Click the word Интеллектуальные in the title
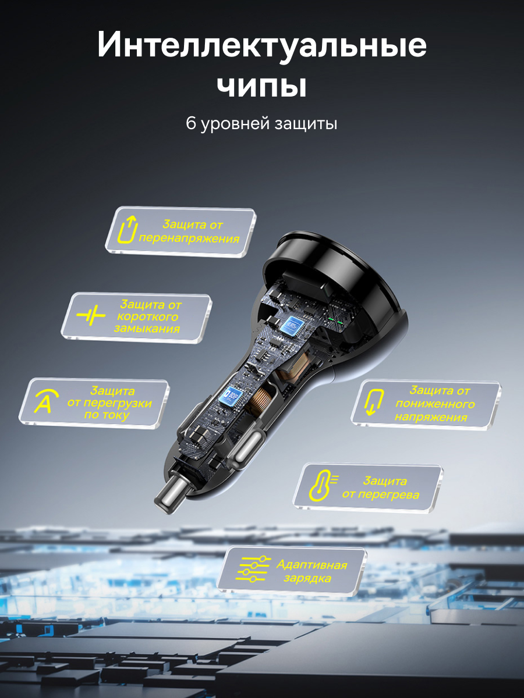261,45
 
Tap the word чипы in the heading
261,86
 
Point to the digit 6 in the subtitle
190,123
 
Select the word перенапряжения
189,238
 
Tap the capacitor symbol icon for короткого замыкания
91,316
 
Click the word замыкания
147,328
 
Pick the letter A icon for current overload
46,402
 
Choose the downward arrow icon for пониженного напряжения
374,402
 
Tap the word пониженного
435,404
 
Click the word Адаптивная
312,565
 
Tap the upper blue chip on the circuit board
292,326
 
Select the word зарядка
307,578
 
